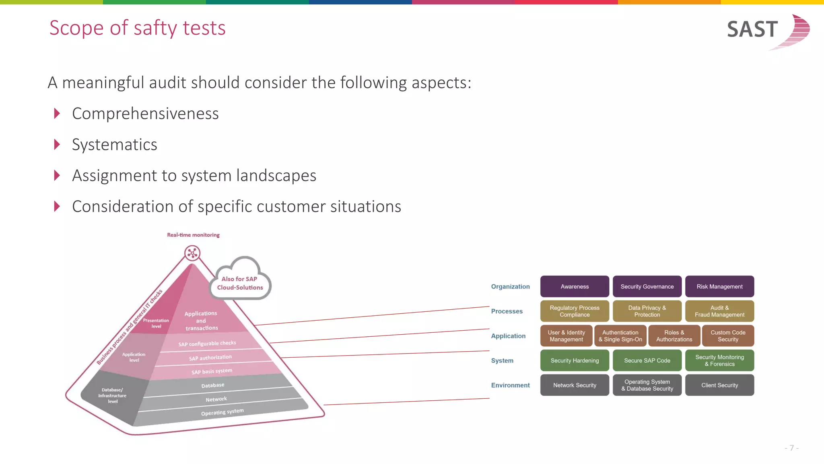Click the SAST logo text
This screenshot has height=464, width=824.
click(752, 29)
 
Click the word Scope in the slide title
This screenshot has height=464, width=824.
click(76, 28)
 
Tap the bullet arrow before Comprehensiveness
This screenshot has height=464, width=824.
click(57, 114)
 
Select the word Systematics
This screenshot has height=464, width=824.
click(115, 145)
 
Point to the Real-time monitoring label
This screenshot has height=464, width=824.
click(193, 235)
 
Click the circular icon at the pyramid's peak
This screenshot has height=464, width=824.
click(192, 253)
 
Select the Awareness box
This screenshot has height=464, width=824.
click(574, 286)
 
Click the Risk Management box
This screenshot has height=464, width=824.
click(719, 286)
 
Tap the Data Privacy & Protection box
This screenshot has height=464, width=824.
click(647, 311)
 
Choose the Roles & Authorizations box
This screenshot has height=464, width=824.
click(674, 336)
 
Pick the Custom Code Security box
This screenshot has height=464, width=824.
click(728, 336)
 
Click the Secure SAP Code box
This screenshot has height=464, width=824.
click(647, 360)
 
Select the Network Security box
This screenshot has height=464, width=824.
click(574, 385)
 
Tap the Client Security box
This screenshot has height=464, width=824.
click(719, 385)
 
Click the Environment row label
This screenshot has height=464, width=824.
click(510, 385)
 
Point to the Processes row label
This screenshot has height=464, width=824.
click(507, 311)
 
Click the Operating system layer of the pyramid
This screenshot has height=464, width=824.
click(222, 412)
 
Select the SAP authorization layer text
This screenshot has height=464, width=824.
click(210, 358)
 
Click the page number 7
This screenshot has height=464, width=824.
click(791, 448)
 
